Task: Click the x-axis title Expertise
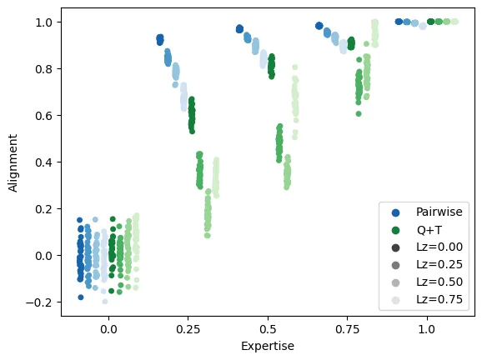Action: [268, 345]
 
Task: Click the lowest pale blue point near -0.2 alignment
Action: [104, 301]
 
